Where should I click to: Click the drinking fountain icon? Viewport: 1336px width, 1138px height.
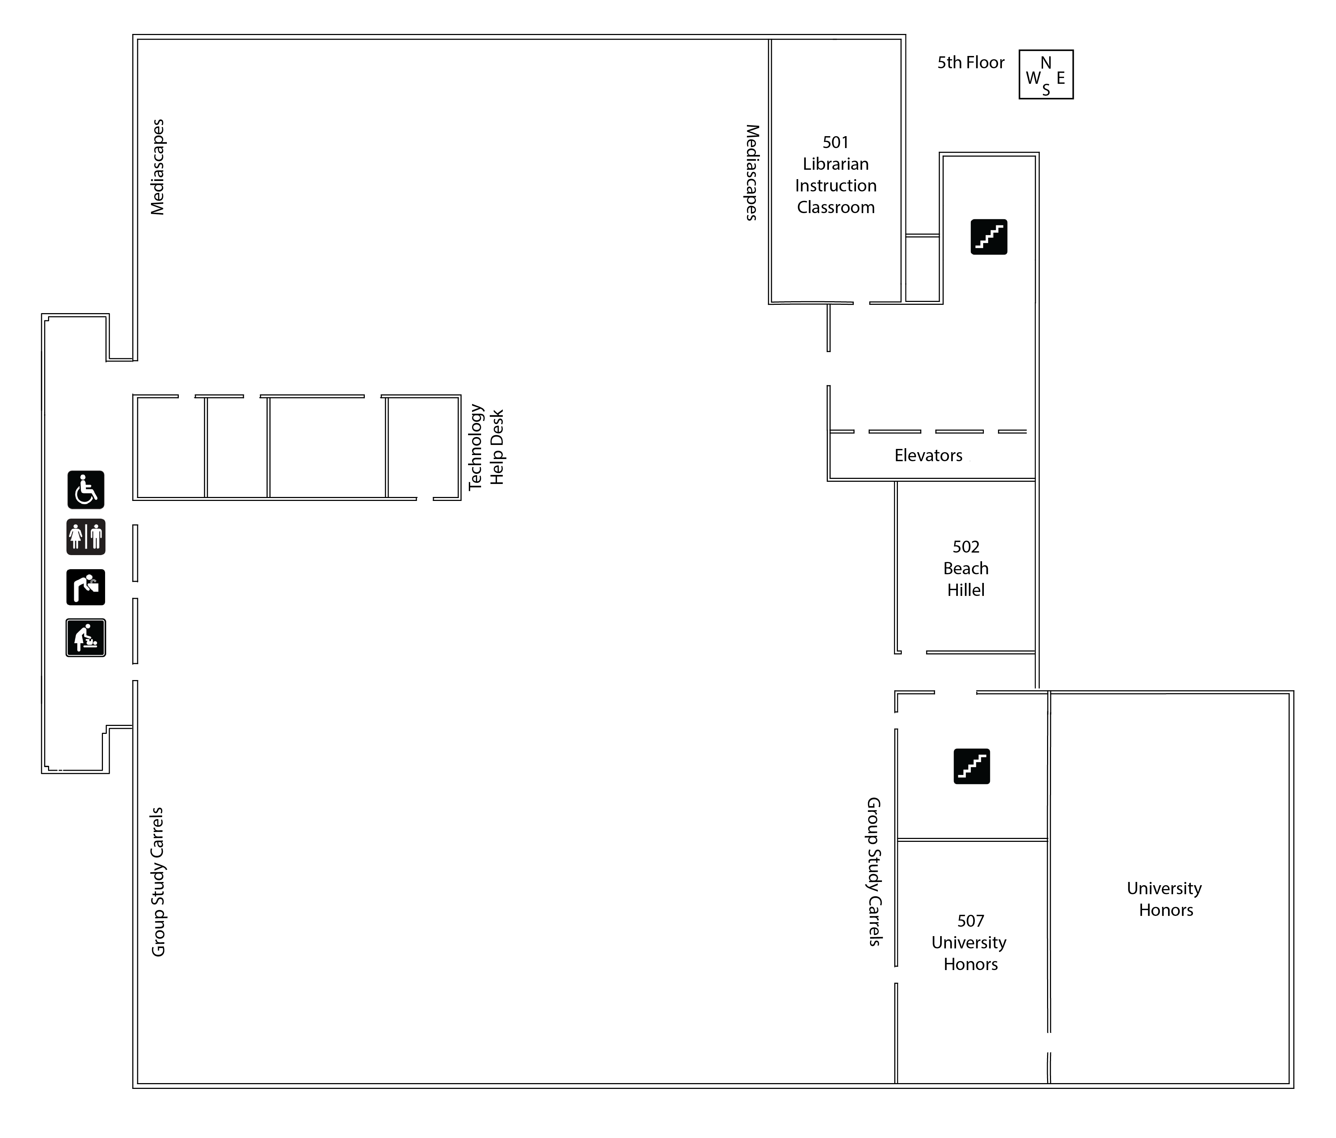[86, 587]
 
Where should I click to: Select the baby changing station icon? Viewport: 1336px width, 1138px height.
[86, 638]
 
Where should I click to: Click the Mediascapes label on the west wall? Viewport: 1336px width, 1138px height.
[158, 167]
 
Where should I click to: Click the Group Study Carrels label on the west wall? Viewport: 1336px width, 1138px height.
[158, 882]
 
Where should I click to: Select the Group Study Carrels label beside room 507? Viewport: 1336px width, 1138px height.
[874, 872]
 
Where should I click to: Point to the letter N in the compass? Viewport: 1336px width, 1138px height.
[1046, 62]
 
